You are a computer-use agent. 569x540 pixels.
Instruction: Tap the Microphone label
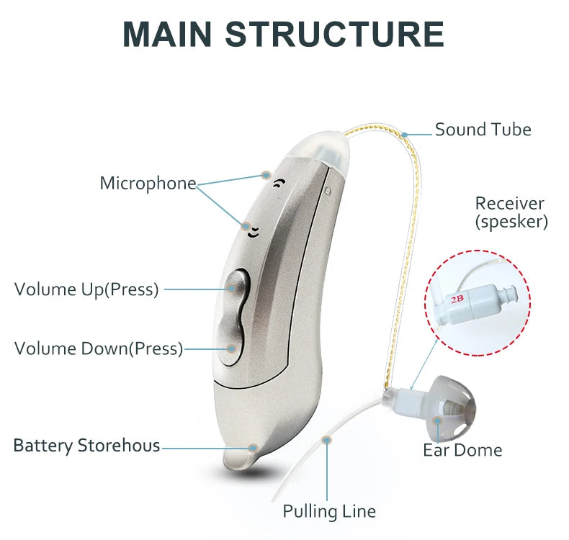pos(148,183)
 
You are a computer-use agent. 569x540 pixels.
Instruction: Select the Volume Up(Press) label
pos(86,289)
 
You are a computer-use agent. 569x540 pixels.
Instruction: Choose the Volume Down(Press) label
pos(99,348)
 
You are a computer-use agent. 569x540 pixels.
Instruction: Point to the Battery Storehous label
pos(86,445)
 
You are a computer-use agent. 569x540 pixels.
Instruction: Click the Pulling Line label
pos(329,511)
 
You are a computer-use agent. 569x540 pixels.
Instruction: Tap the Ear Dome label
pos(462,450)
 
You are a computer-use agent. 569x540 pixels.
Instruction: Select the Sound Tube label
pos(483,130)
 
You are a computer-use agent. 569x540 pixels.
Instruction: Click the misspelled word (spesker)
pos(511,222)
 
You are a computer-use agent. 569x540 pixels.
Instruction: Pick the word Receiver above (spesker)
pos(510,203)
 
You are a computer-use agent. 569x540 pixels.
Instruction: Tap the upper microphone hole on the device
pos(277,183)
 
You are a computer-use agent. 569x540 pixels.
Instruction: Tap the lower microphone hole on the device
pos(253,231)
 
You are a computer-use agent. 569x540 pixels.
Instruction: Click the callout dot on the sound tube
pos(406,134)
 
